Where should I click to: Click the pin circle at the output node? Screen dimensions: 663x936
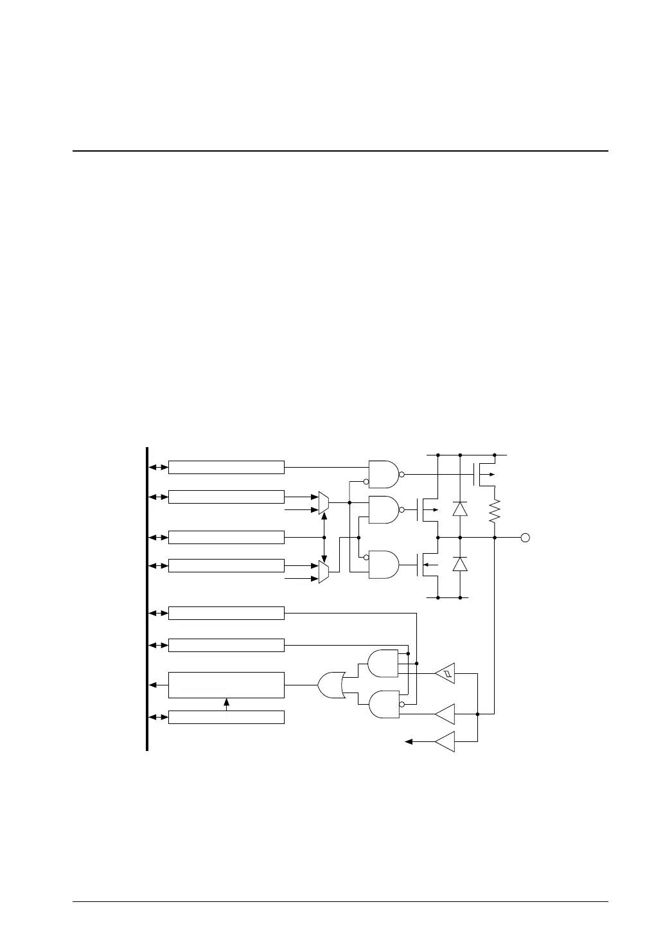[525, 537]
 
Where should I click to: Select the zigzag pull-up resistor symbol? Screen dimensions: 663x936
[495, 512]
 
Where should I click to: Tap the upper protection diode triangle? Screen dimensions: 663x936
[460, 509]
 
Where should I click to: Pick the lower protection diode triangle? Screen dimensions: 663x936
[460, 564]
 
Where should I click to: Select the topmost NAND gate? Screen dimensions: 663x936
[384, 475]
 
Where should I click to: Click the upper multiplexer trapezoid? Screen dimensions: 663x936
[324, 503]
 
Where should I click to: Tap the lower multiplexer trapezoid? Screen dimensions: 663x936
[324, 572]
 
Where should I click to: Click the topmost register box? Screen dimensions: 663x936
[226, 467]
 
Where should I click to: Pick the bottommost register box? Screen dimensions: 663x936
[226, 717]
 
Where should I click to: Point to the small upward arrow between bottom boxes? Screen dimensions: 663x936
[226, 704]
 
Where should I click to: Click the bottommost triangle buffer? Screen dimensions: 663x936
[445, 742]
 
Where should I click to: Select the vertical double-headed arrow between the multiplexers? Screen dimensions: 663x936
[324, 537]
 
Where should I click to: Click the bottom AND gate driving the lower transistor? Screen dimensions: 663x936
[384, 565]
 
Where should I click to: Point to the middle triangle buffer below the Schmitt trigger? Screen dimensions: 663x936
[445, 714]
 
